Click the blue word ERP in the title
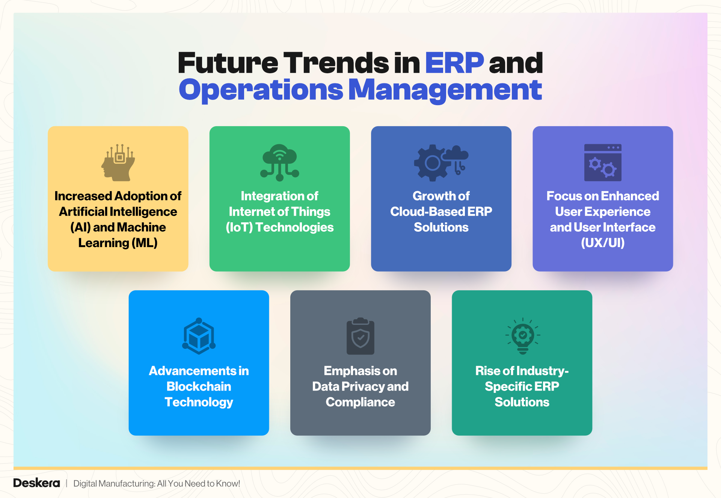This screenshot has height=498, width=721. [x=454, y=63]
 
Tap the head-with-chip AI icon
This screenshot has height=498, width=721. [x=118, y=163]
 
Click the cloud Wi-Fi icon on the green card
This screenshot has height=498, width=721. [x=279, y=162]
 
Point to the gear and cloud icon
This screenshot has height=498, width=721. [x=441, y=163]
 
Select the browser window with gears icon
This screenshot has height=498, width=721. [x=602, y=163]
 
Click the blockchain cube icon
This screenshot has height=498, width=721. [x=199, y=336]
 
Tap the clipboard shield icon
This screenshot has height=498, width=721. [x=360, y=336]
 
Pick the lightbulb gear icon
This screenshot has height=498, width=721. [x=522, y=336]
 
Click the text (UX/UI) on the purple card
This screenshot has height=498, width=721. [x=602, y=243]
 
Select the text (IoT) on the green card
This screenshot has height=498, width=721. [x=239, y=227]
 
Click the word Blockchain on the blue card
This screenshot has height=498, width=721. [x=199, y=386]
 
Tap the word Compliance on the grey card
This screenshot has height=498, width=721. [x=360, y=402]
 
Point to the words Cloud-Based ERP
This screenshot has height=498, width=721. [x=441, y=212]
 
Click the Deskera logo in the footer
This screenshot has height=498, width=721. [x=36, y=483]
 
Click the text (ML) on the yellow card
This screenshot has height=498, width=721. [x=145, y=243]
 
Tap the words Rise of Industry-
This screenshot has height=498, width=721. [x=522, y=371]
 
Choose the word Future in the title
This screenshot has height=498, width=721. [x=228, y=63]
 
